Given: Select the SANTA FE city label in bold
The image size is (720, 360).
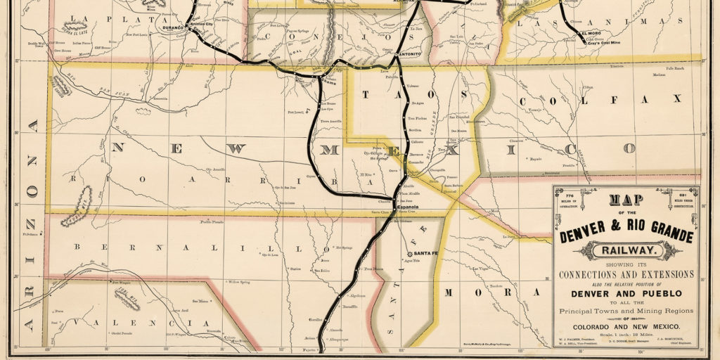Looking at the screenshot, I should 427,253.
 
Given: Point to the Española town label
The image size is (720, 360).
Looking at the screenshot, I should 406,207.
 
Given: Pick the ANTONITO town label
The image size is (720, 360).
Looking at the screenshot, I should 409,54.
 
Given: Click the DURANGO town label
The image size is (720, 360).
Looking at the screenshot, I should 172,28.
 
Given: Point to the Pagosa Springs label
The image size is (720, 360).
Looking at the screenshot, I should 278,31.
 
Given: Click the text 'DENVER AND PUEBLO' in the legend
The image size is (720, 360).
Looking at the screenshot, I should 626,292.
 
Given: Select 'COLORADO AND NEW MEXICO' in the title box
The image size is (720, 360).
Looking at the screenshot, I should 626,327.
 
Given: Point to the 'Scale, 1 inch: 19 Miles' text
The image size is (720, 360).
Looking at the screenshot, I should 626,335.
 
